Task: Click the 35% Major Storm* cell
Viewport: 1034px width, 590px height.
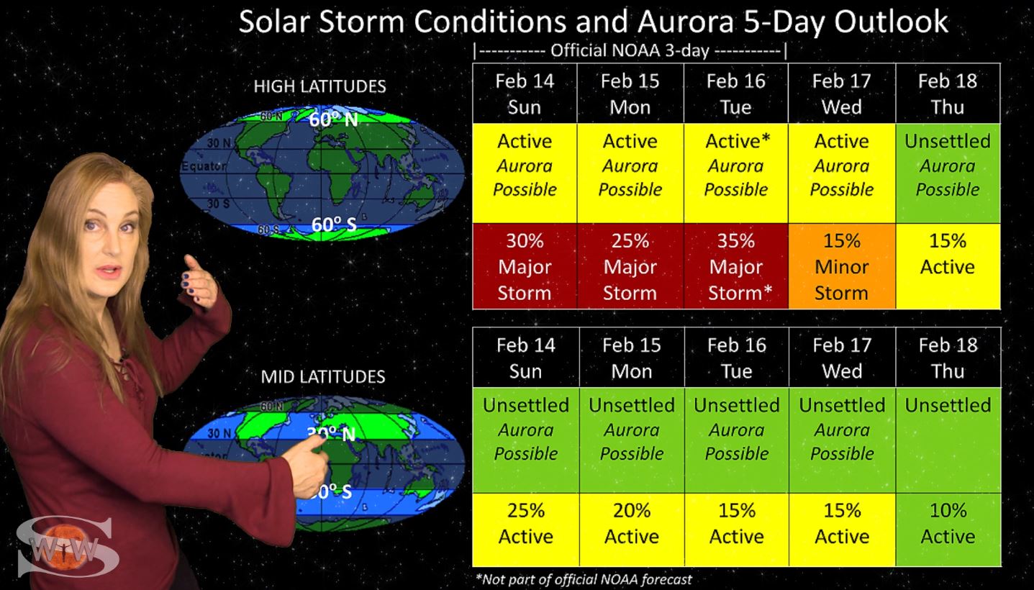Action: pos(736,266)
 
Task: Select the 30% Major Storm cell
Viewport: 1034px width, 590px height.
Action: pos(525,266)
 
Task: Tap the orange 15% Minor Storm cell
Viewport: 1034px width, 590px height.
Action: pos(842,266)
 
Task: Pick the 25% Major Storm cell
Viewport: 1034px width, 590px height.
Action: pos(630,266)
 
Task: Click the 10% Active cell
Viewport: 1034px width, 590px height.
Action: pos(948,530)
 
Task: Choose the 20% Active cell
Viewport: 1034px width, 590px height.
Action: pos(632,530)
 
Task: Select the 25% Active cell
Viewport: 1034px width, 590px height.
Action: pos(526,530)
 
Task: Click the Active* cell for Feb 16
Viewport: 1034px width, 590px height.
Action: pos(736,173)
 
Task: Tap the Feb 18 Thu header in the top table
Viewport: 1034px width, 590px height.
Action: pos(948,94)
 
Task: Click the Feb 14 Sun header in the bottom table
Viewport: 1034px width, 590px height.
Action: pos(526,358)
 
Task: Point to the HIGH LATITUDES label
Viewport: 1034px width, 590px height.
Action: pos(320,86)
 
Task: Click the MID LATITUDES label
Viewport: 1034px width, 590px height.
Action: pos(323,377)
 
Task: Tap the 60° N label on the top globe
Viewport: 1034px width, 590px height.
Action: pos(333,119)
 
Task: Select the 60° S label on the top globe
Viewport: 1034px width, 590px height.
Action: pos(334,224)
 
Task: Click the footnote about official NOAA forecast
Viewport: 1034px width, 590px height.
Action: pos(584,579)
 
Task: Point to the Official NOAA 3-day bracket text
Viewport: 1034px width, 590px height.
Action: pos(630,50)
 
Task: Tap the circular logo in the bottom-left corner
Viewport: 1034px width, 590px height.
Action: pos(64,547)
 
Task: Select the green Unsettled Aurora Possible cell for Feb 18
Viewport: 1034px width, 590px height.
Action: pos(948,173)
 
